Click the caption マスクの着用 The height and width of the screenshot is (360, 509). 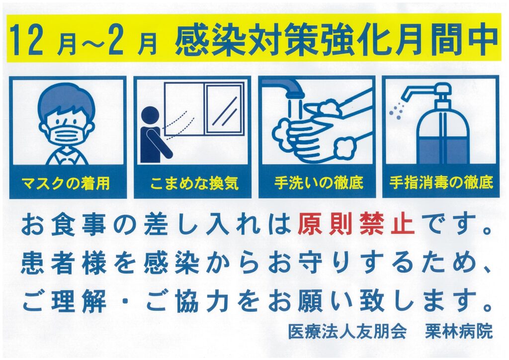coord(66,183)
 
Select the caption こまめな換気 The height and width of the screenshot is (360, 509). coord(194,183)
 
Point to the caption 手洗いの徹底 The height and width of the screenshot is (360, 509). coord(319,183)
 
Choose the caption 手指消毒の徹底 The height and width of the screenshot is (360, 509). coord(441,183)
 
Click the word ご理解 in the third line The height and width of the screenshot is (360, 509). coord(64,301)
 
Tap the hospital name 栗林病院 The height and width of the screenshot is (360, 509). coord(459,331)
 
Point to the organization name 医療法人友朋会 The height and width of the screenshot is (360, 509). coord(347,331)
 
